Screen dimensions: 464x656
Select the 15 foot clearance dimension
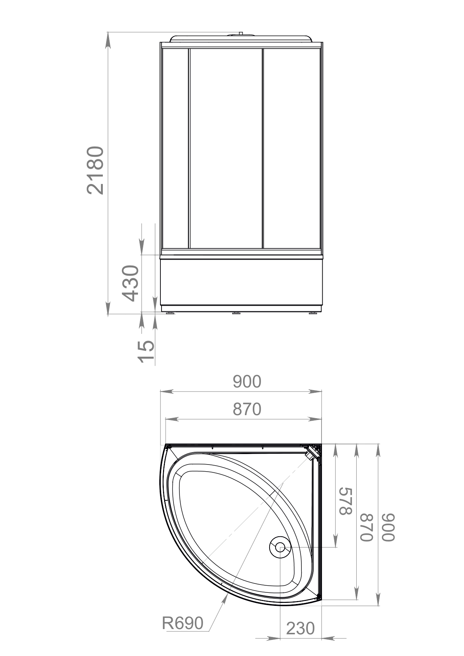coord(146,351)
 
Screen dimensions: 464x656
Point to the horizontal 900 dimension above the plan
coord(247,382)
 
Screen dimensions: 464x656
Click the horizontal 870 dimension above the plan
coord(247,410)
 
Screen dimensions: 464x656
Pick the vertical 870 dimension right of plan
coord(367,527)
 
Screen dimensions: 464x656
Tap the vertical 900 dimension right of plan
coord(388,527)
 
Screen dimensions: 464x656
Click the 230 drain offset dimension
coord(300,628)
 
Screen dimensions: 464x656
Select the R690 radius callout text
coord(183,623)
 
